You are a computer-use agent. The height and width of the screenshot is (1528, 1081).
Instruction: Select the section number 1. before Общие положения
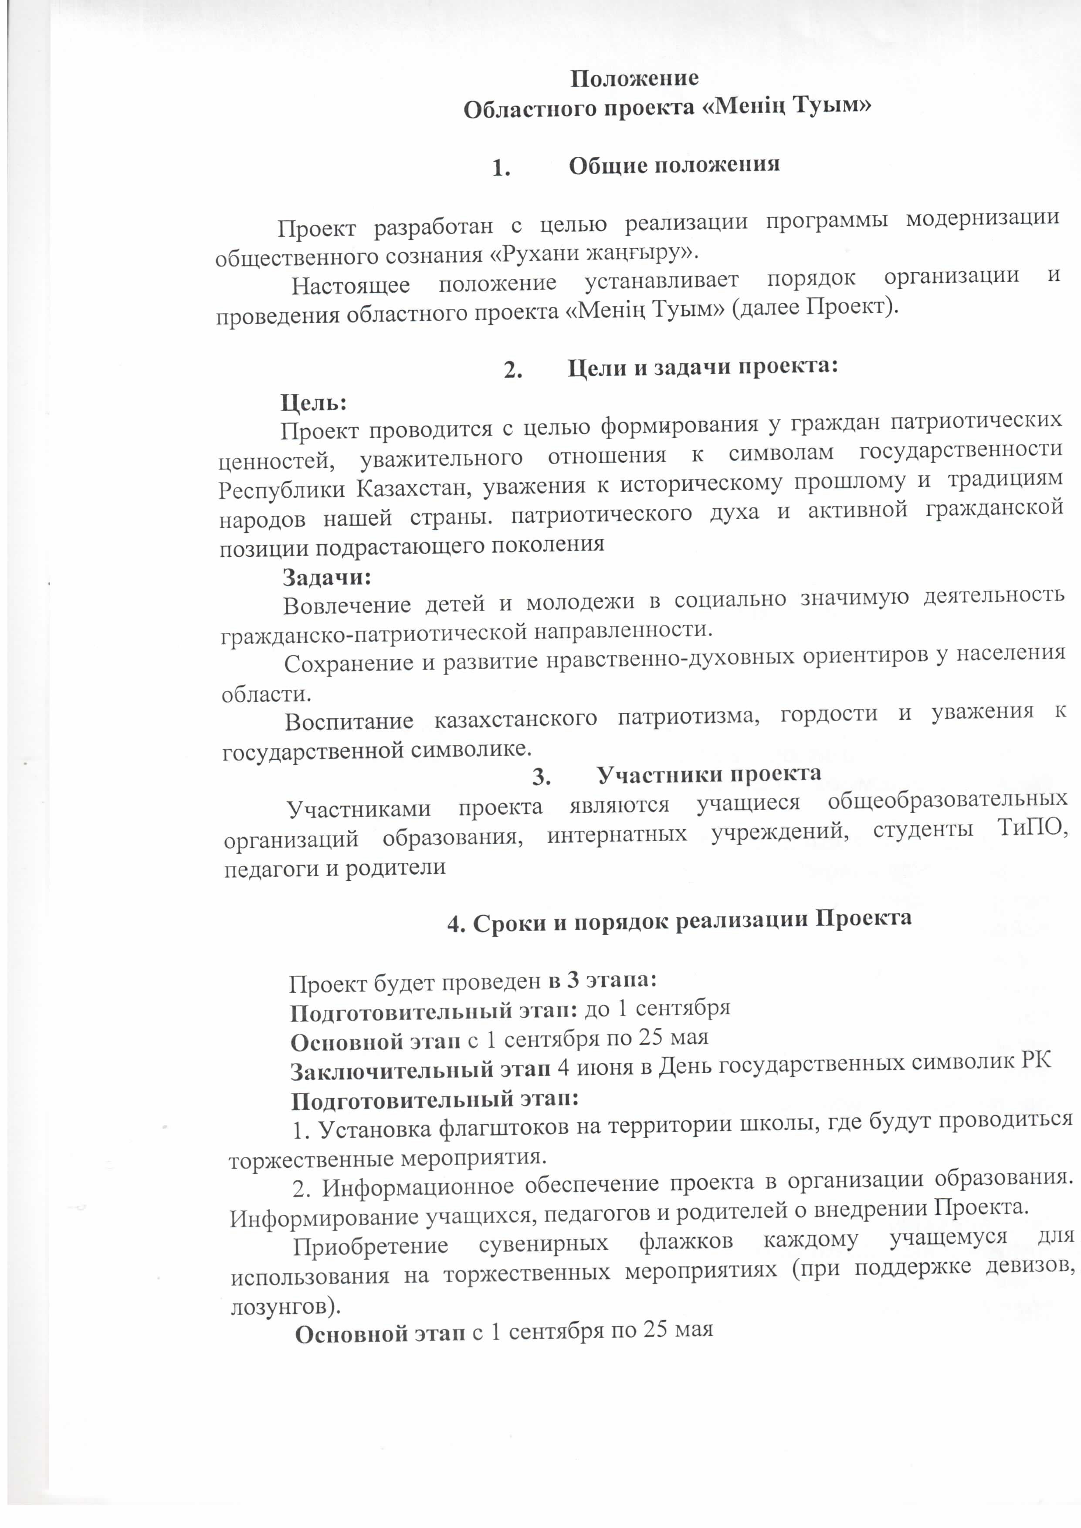pyautogui.click(x=501, y=169)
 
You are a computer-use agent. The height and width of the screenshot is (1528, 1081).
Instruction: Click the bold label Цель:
pyautogui.click(x=313, y=402)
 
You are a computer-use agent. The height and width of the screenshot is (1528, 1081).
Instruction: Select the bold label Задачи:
pyautogui.click(x=326, y=577)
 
